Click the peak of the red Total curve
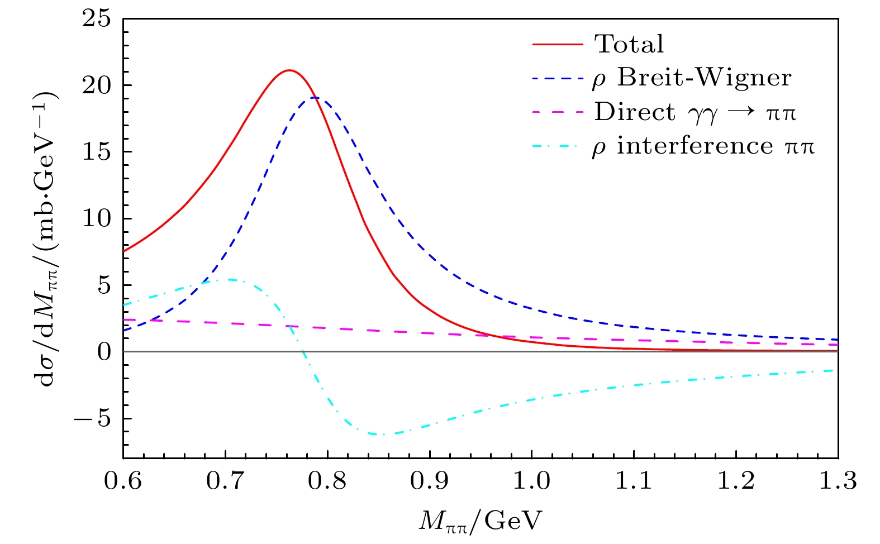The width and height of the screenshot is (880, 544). click(x=289, y=70)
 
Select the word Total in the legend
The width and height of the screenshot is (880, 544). click(x=629, y=44)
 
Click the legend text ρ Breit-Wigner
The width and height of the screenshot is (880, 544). click(x=692, y=78)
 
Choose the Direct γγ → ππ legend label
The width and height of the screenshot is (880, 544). click(x=695, y=112)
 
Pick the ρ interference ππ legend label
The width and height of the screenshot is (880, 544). click(x=703, y=146)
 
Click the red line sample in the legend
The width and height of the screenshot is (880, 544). click(x=557, y=44)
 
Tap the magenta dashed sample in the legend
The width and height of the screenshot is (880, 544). click(x=557, y=112)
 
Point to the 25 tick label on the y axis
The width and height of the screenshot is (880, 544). click(x=96, y=19)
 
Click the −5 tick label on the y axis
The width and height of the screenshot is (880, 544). click(x=93, y=418)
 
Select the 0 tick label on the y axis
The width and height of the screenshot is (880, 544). click(x=104, y=352)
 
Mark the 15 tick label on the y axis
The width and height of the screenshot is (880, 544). click(x=96, y=152)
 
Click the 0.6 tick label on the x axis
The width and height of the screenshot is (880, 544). click(x=123, y=481)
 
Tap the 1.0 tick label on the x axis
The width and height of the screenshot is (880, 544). click(x=531, y=481)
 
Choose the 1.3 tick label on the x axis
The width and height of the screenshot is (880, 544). click(x=838, y=481)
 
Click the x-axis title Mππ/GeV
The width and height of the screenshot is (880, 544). click(x=481, y=521)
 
